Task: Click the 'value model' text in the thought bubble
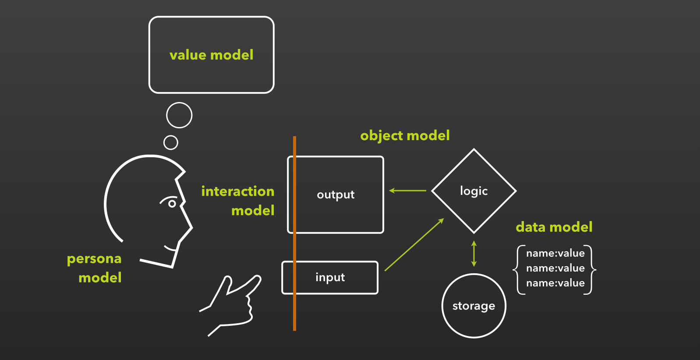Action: click(211, 55)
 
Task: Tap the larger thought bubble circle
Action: click(179, 103)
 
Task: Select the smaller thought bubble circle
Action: click(171, 136)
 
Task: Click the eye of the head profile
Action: click(172, 204)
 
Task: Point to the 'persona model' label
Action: click(94, 268)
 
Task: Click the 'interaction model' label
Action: click(238, 201)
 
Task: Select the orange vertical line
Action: click(294, 233)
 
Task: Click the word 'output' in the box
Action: click(336, 195)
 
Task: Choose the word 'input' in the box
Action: click(330, 277)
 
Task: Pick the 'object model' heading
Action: click(405, 136)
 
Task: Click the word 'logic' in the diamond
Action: click(474, 191)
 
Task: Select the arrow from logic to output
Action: click(407, 191)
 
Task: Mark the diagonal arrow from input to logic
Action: click(414, 244)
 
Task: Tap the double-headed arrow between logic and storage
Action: click(474, 254)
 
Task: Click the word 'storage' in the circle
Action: click(474, 306)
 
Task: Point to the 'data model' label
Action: click(554, 227)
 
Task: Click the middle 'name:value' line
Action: click(555, 268)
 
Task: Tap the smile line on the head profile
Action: click(170, 249)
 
